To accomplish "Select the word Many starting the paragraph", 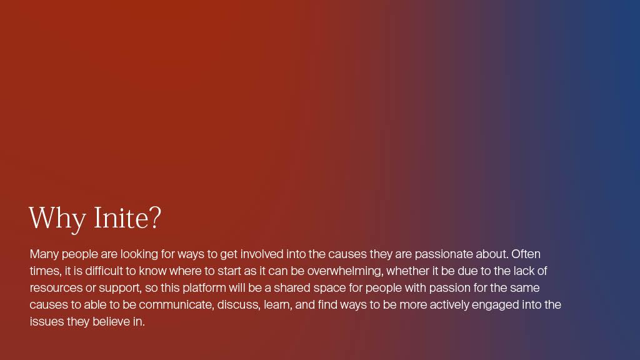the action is click(x=44, y=255).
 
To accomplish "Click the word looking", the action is click(x=139, y=255).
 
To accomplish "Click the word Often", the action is click(x=526, y=254).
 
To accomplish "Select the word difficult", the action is click(x=104, y=271).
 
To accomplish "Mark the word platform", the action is click(x=204, y=288).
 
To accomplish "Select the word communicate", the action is click(x=176, y=305).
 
